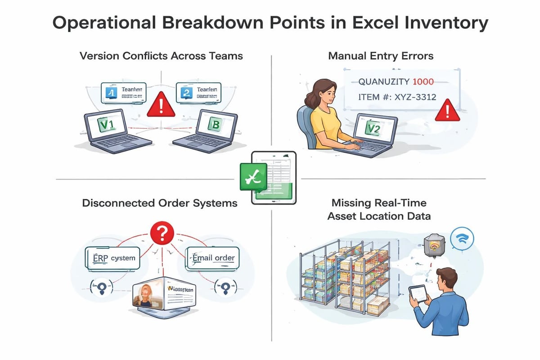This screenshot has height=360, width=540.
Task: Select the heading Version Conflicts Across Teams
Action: pos(161,56)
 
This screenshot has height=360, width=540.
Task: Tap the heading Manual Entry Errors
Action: pos(381,56)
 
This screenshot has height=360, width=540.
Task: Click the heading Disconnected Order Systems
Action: pos(160,203)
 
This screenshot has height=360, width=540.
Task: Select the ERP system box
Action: pos(112,259)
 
